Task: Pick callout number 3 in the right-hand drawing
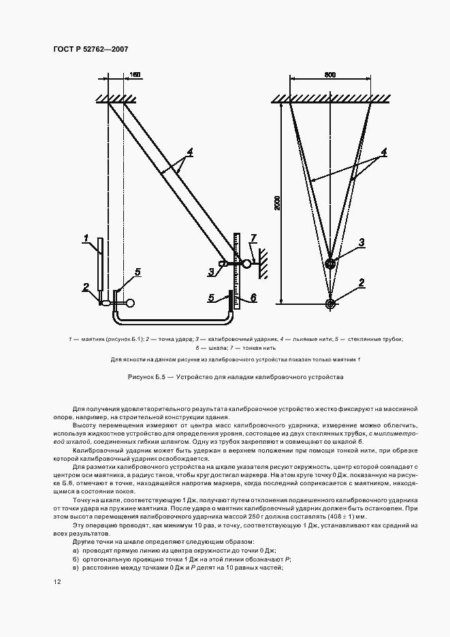click(x=362, y=242)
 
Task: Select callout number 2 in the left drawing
click(x=86, y=287)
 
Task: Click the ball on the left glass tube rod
click(x=129, y=304)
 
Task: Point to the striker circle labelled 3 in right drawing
click(x=331, y=263)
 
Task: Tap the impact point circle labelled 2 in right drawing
click(x=331, y=304)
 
